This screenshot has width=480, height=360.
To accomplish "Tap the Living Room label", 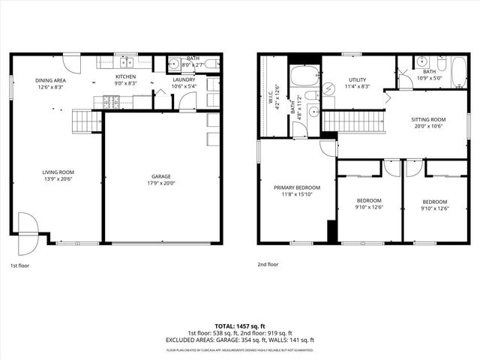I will [58, 172].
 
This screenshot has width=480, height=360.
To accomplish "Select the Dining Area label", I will [51, 80].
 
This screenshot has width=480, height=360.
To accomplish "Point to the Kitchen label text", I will [125, 76].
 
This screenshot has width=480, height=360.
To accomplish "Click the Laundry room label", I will [184, 79].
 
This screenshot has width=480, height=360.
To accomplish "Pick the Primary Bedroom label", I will [296, 187].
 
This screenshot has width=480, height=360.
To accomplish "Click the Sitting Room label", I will [428, 119].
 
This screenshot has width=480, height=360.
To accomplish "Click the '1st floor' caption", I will [20, 265].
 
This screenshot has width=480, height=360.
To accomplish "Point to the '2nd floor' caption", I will [268, 265].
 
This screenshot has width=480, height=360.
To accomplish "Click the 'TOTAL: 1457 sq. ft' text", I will [240, 326].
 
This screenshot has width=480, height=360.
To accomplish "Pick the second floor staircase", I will [352, 121].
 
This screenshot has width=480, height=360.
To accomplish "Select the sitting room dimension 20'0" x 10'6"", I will [428, 126].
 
